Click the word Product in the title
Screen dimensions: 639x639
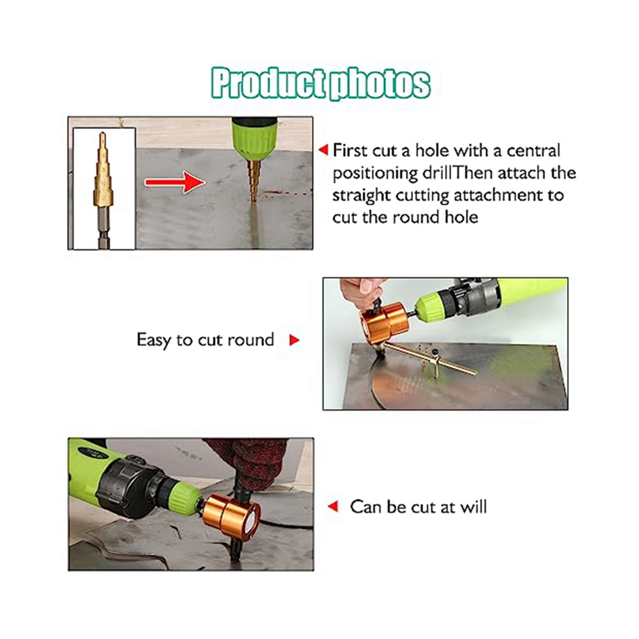(268, 83)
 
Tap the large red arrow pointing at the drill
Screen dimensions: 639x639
(175, 182)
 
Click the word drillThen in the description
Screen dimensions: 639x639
(458, 173)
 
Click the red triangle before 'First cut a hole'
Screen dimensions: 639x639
(323, 150)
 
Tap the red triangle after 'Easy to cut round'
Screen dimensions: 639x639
(294, 340)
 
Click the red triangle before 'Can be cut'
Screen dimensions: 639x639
(333, 507)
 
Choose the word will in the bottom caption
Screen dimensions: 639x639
(474, 507)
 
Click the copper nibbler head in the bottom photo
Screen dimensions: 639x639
(230, 515)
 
